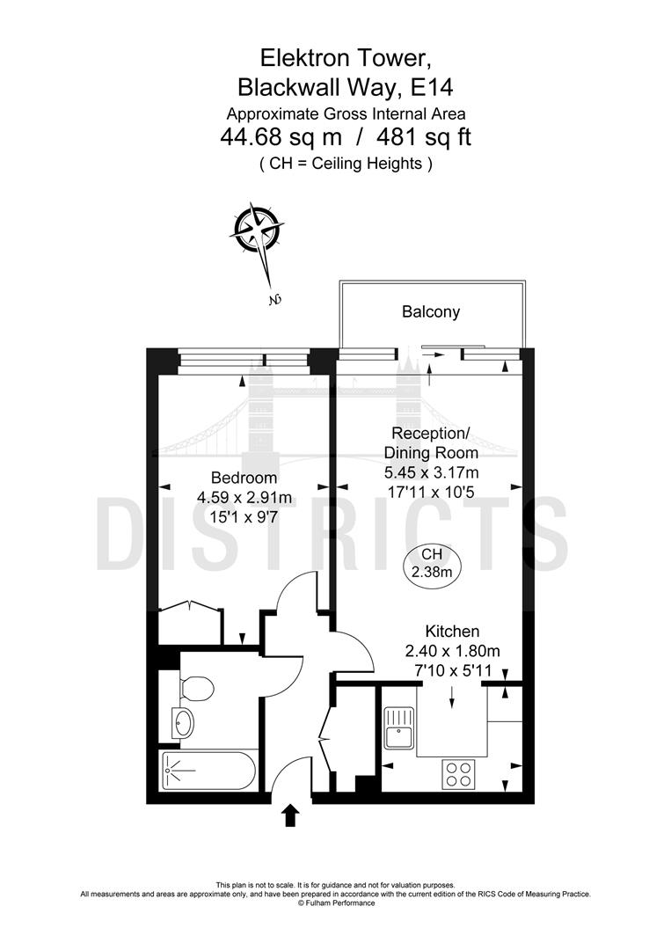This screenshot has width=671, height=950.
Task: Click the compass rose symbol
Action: coord(258,230)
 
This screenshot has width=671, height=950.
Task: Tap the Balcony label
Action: coord(431,311)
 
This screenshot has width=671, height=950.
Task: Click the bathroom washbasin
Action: coord(184,724)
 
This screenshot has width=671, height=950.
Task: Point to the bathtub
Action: coord(208,771)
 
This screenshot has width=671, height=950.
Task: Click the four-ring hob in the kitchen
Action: coord(457,774)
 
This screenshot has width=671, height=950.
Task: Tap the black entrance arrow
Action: coord(289,815)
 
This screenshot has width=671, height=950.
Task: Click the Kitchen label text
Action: coord(452,632)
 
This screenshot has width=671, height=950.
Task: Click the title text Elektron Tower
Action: coord(344,58)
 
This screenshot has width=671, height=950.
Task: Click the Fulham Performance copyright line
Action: coord(335,902)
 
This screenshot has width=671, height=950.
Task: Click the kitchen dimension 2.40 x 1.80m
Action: coord(452,652)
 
